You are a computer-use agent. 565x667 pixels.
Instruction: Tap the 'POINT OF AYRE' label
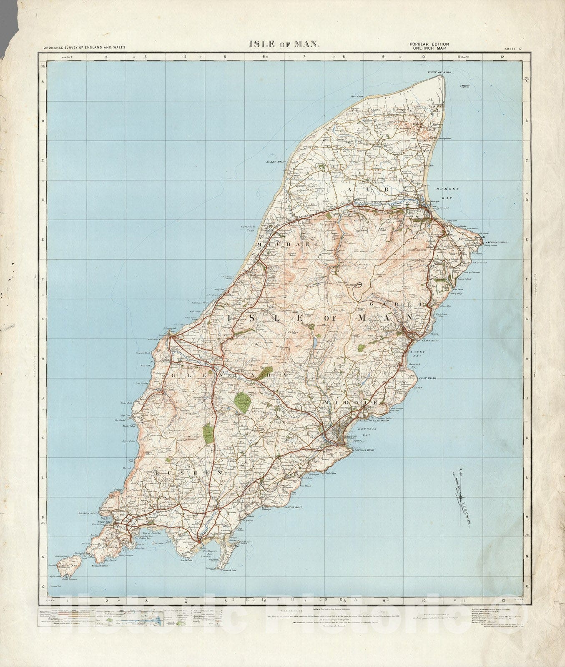point(440,73)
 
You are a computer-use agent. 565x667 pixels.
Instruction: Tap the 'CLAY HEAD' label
point(428,378)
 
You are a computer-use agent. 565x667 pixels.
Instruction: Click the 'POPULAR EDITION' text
point(429,44)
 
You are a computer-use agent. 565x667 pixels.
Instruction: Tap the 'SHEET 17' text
point(513,49)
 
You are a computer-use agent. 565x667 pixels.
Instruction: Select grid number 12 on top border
point(504,57)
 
